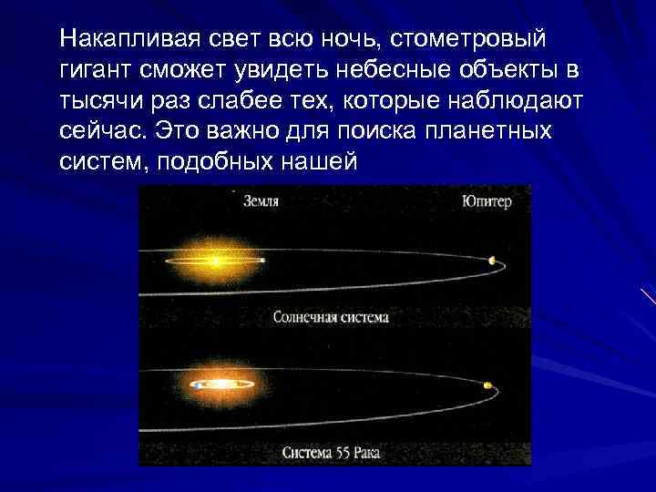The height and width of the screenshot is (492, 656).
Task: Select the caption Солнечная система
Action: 331,318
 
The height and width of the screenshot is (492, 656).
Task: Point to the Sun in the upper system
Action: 214,261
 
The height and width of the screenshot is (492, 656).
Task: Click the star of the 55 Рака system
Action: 219,384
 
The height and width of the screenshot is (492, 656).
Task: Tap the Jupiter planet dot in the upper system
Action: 492,261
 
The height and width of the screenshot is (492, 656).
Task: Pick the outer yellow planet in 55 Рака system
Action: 488,385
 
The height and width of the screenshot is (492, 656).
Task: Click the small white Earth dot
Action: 262,261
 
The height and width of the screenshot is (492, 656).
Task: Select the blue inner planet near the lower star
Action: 196,385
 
